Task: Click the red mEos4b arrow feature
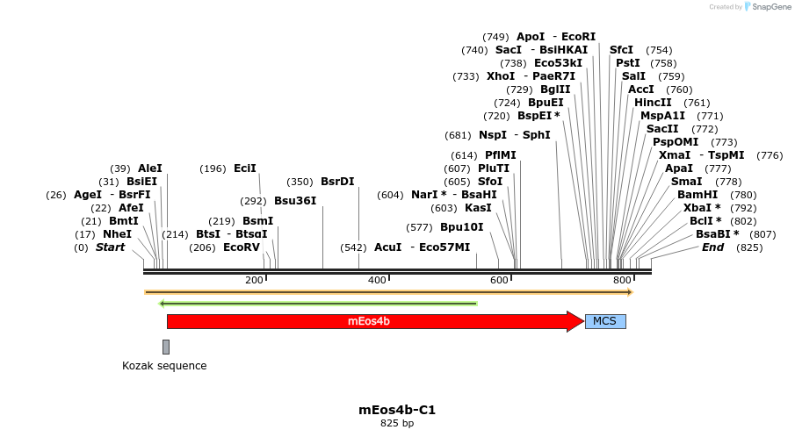pos(369,321)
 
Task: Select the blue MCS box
pos(604,321)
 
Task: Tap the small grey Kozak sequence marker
pos(166,347)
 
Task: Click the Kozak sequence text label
pos(164,366)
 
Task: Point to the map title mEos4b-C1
pos(397,410)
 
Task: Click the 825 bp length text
pos(397,424)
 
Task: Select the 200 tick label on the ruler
pos(254,280)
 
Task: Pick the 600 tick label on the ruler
pos(499,280)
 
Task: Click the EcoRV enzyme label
pos(242,247)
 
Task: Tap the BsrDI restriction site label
pos(337,182)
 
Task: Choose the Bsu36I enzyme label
pos(295,201)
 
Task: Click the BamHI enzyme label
pos(697,195)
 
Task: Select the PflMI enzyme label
pos(501,155)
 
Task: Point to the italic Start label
pos(111,247)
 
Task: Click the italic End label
pos(712,247)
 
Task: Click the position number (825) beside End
pos(749,247)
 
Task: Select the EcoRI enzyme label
pos(579,37)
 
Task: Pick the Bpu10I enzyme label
pos(462,227)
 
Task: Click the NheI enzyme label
pos(118,234)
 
